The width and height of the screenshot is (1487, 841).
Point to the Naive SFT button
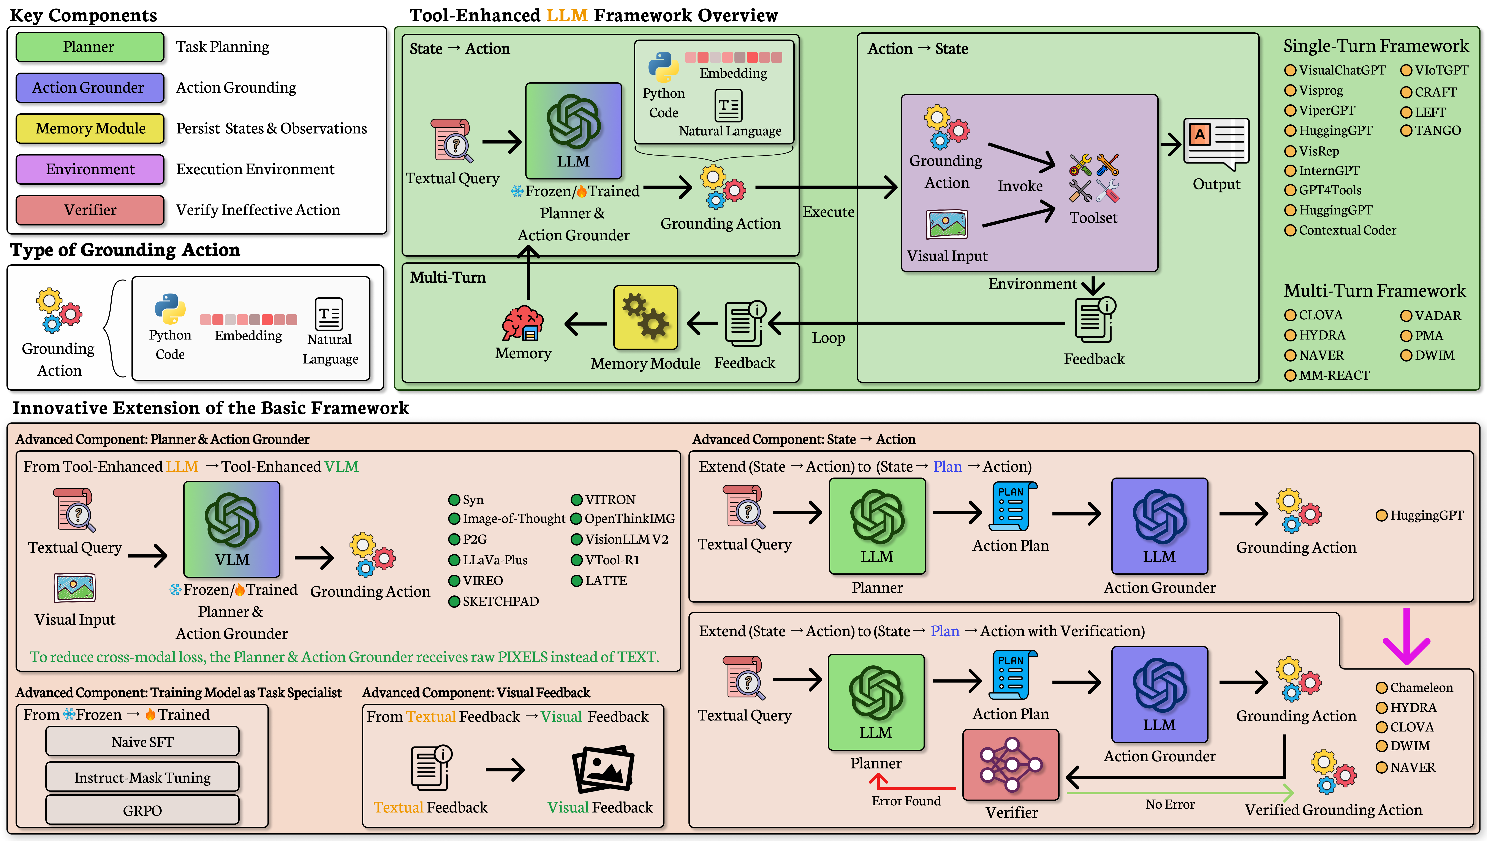click(142, 742)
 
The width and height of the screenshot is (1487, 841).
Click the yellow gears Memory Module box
click(645, 317)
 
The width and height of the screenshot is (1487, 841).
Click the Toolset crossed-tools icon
click(1094, 178)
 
